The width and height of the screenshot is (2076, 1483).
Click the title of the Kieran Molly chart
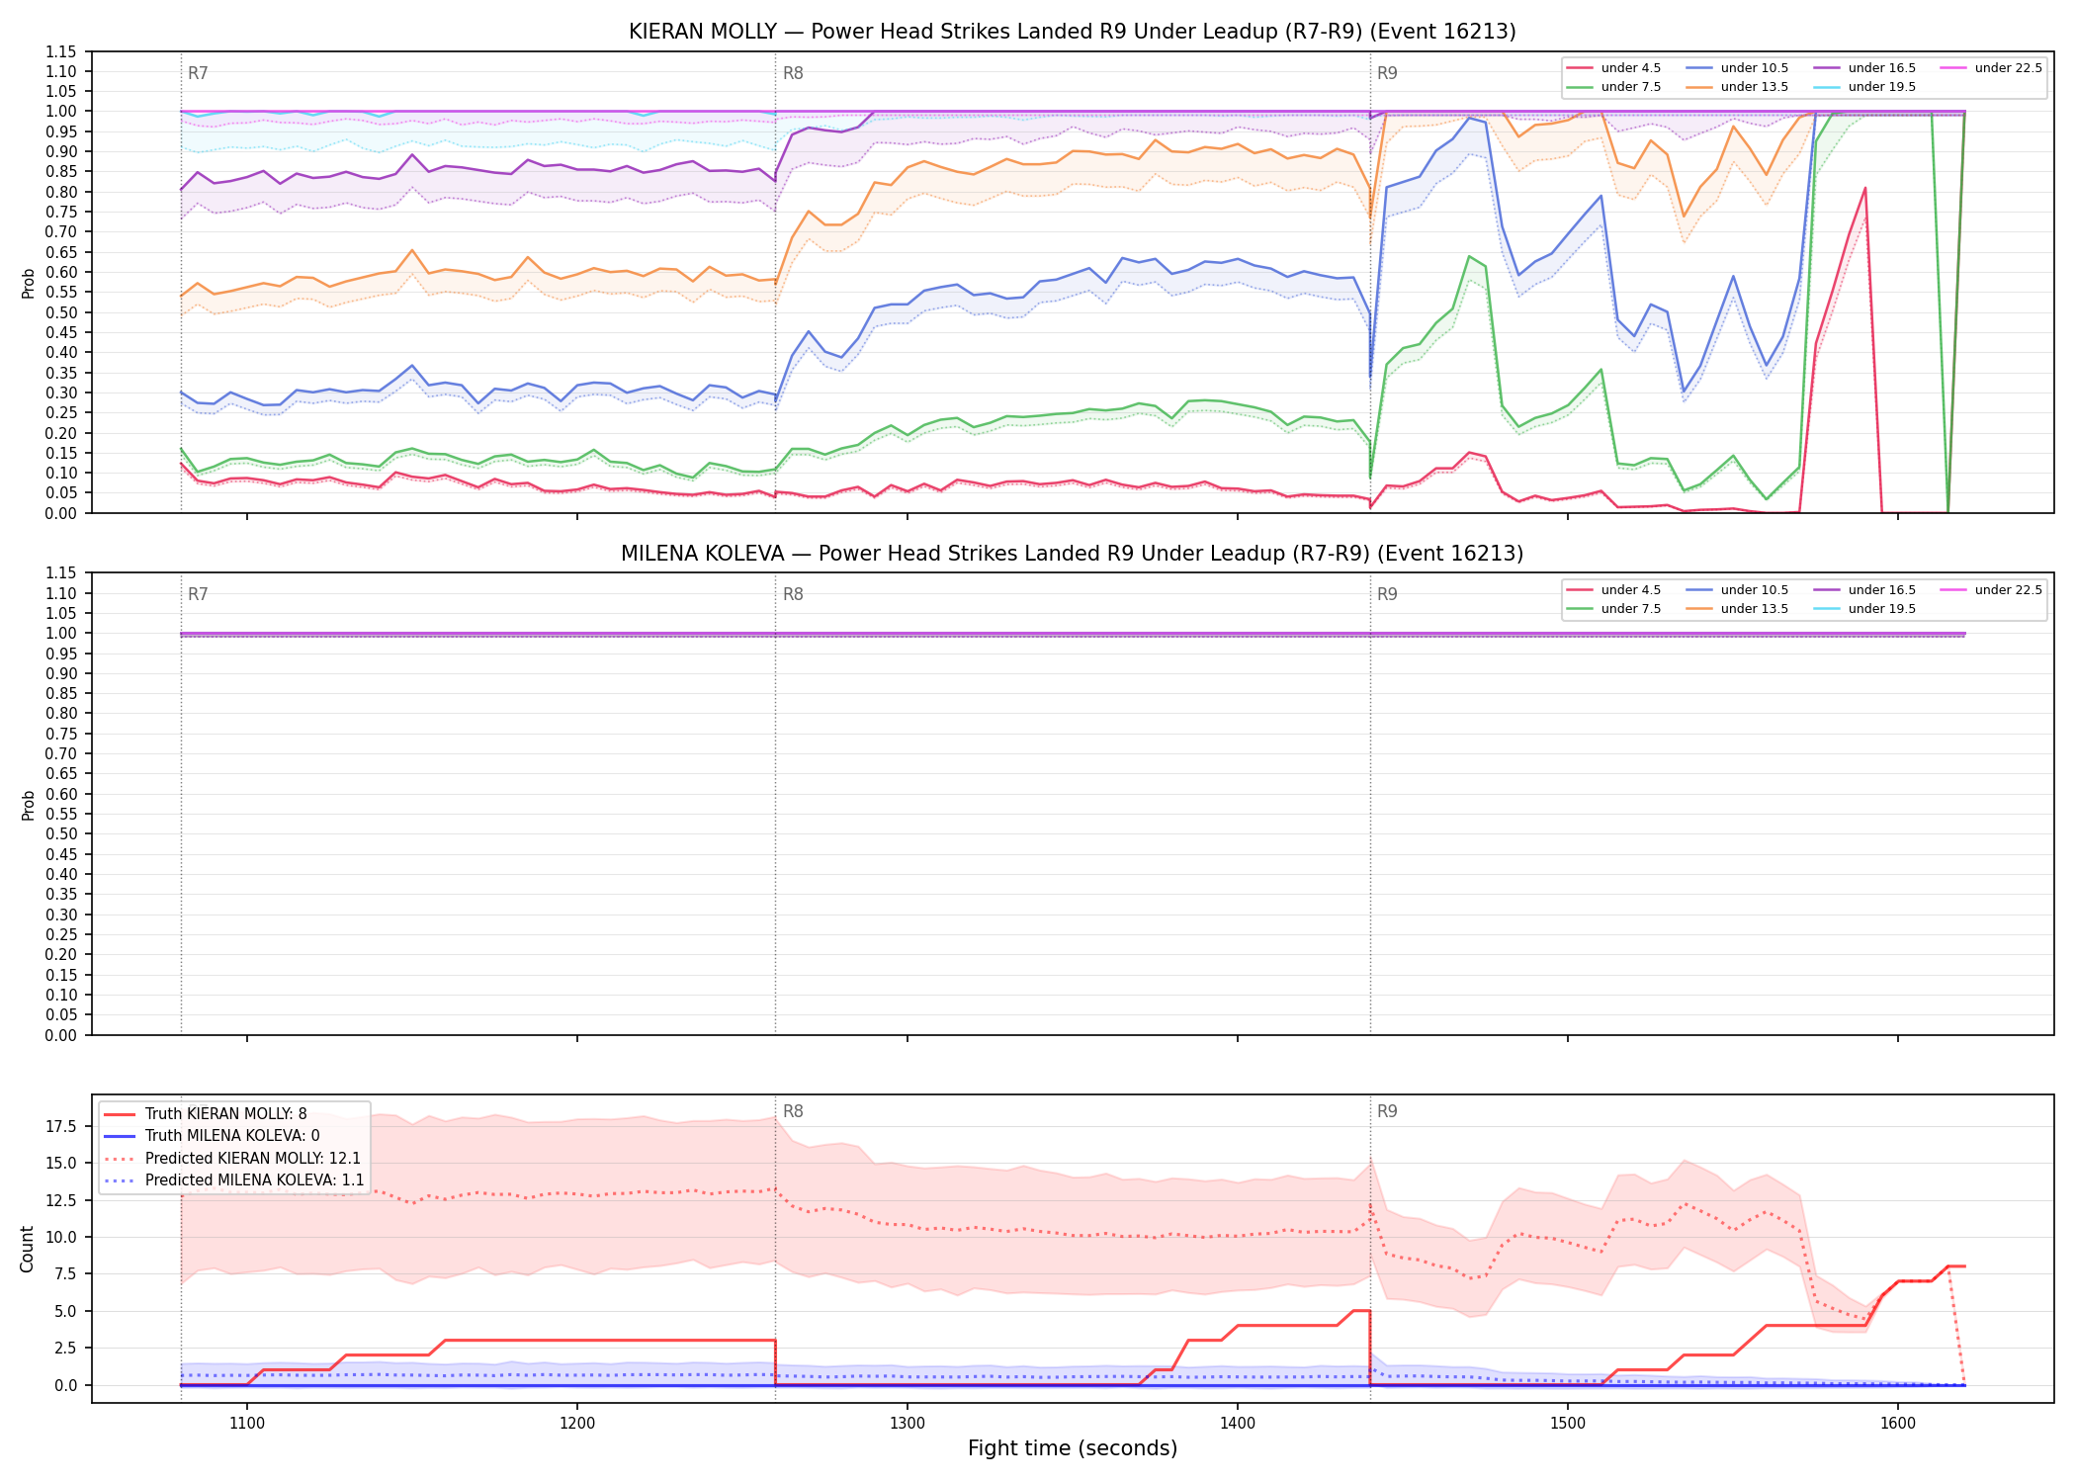point(1072,32)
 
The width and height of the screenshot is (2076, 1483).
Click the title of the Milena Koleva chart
point(1072,554)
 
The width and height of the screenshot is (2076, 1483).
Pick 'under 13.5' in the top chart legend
point(1754,87)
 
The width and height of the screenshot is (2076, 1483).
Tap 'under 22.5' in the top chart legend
point(2008,68)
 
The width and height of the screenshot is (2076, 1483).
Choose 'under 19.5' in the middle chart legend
point(1881,609)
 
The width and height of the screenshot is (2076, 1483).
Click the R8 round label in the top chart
point(793,73)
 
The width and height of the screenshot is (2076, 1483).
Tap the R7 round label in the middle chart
point(198,594)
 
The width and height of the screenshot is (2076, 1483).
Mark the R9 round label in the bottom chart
point(1387,1111)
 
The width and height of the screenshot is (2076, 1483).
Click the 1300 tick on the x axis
point(908,1424)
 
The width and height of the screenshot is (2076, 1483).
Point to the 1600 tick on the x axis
point(1898,1424)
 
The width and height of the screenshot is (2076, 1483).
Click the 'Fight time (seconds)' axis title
point(1073,1448)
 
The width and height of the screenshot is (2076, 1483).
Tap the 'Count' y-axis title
point(27,1249)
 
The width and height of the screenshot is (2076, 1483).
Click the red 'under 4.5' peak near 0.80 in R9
point(1864,188)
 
